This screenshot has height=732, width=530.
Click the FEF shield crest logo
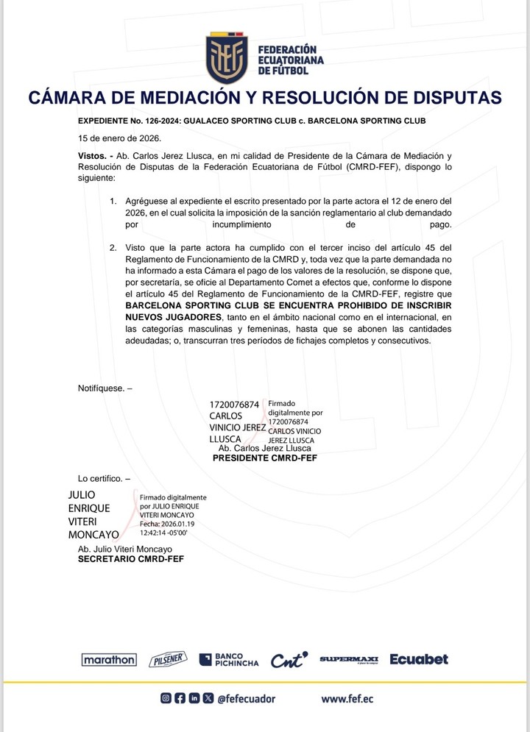(x=227, y=58)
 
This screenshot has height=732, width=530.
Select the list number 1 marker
(x=113, y=201)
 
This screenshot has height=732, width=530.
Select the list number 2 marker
(x=113, y=247)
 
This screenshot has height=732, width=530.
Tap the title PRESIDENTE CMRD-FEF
(x=264, y=458)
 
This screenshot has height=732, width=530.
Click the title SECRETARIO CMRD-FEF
(x=131, y=559)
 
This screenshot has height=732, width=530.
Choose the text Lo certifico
(x=100, y=478)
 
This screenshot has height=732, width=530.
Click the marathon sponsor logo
(x=108, y=660)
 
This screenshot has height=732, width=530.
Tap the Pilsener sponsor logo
(x=168, y=659)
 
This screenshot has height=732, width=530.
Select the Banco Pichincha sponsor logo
(x=228, y=660)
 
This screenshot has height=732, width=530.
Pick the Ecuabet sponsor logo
(x=418, y=659)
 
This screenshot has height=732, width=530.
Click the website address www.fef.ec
(x=347, y=698)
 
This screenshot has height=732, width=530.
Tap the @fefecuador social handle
(x=246, y=698)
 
